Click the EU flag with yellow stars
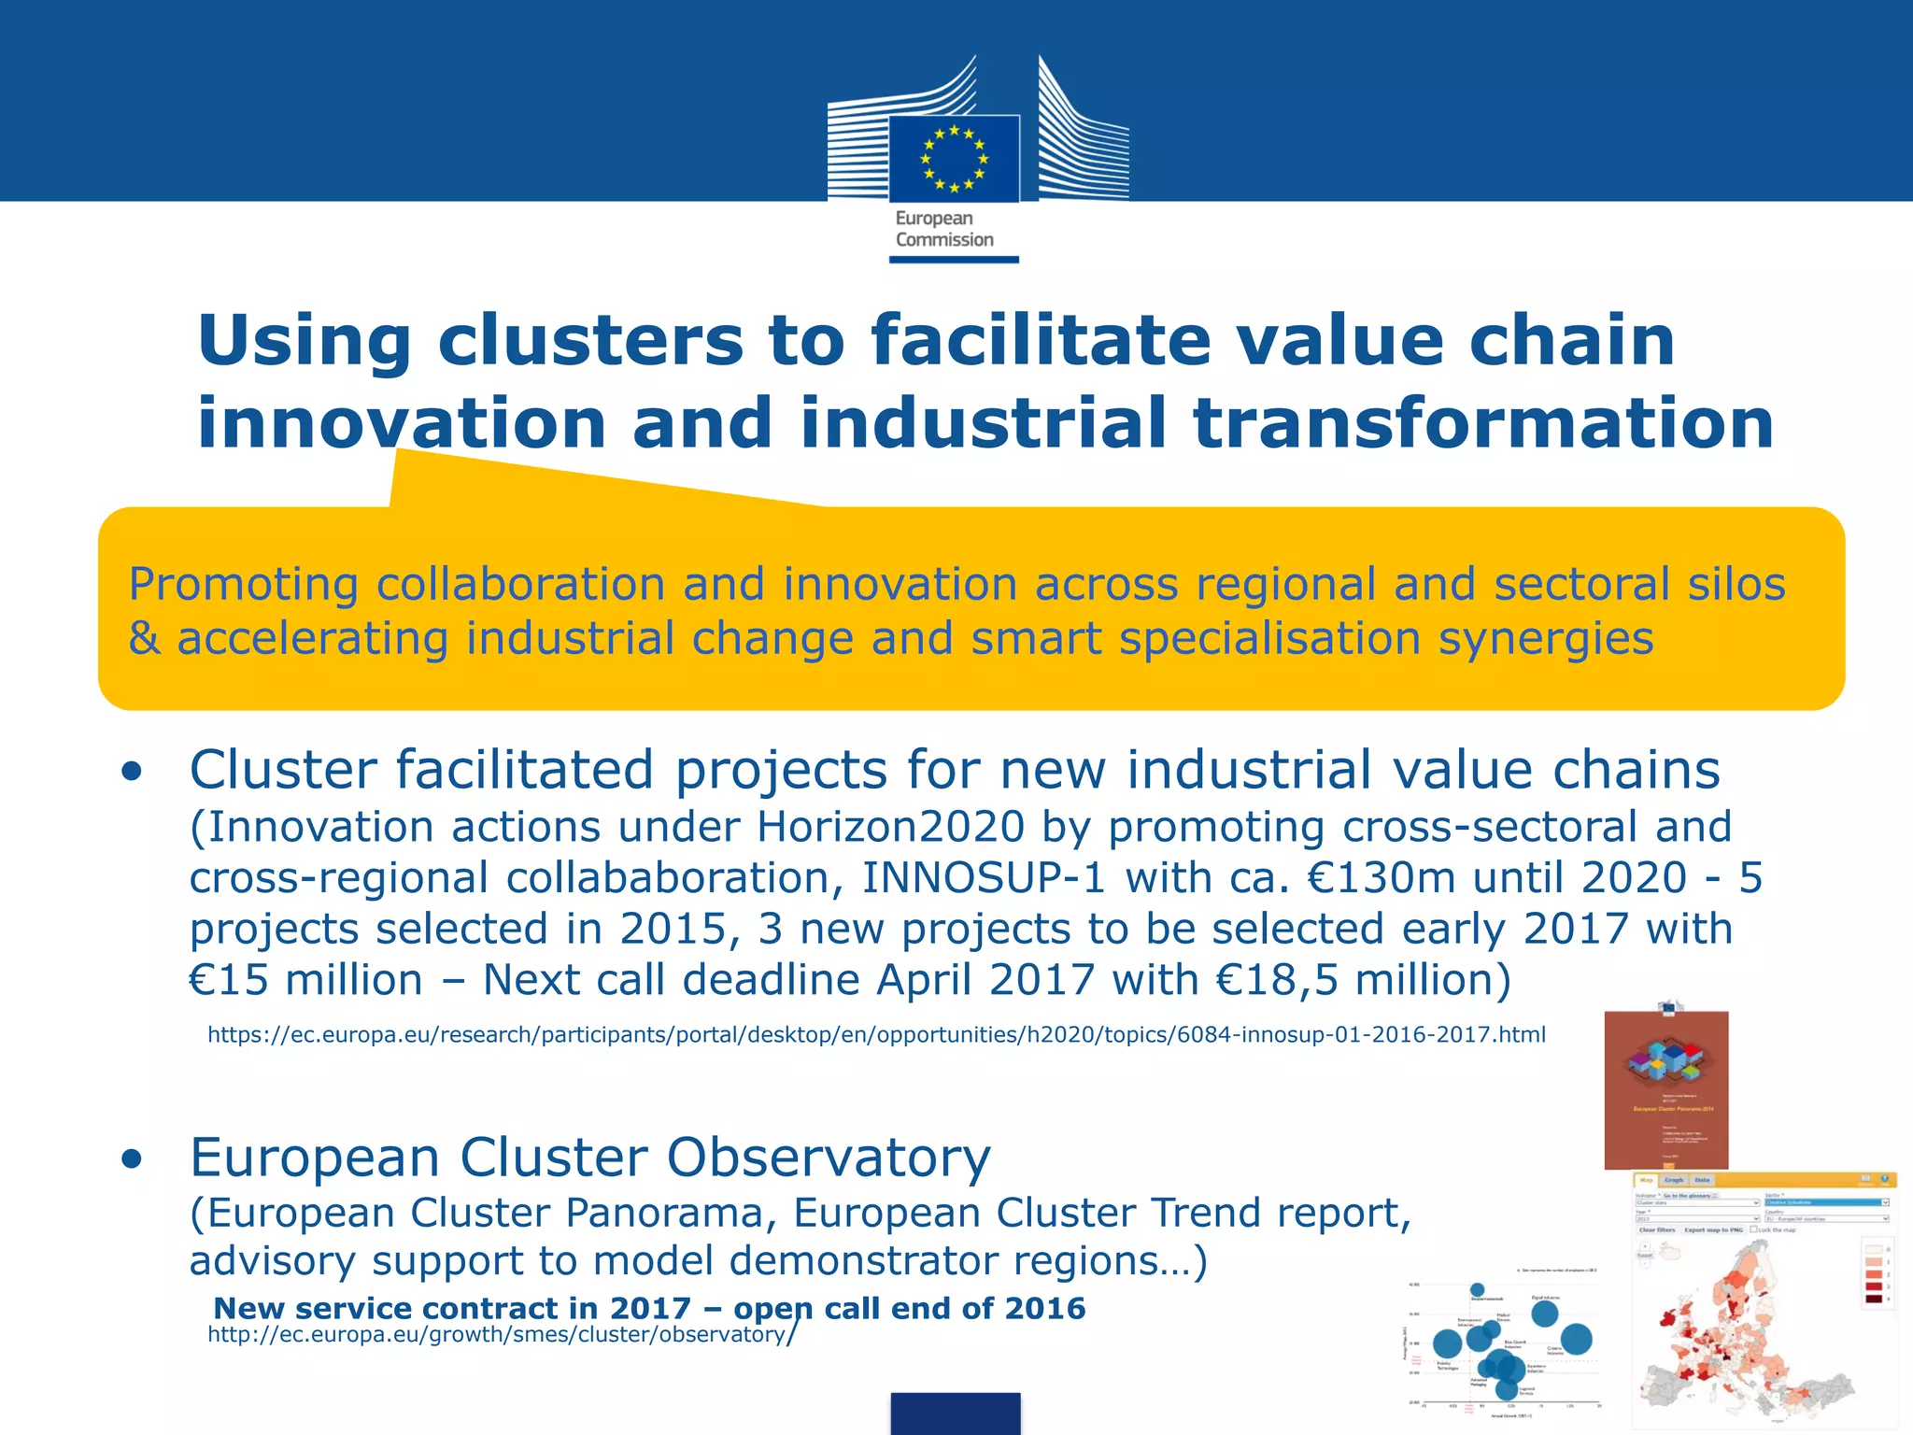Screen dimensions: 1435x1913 (x=954, y=159)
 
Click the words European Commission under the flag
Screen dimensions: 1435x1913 (x=943, y=229)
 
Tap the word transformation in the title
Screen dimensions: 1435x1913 (x=1483, y=422)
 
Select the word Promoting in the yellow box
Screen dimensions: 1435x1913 (x=243, y=585)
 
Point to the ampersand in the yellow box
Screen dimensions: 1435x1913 (x=144, y=639)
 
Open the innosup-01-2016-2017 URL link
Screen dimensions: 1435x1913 (x=876, y=1035)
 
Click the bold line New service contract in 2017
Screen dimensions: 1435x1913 (x=649, y=1308)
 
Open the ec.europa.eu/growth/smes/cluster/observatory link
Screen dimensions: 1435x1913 (x=500, y=1335)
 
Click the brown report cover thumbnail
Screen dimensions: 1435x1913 (x=1665, y=1089)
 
